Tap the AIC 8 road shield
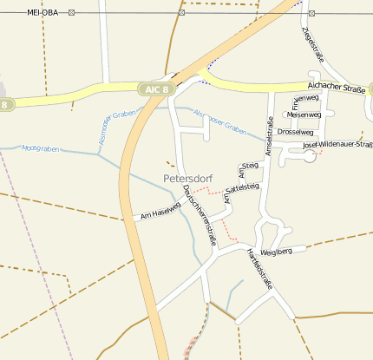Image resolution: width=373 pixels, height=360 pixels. coord(157,88)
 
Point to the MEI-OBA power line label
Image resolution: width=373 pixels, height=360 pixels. coord(45,13)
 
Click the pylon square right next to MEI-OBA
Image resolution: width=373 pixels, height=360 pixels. coord(71,13)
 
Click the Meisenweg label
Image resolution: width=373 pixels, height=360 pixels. coord(304,115)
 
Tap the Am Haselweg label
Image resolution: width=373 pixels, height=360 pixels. coord(160,214)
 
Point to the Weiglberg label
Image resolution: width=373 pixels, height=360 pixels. coord(289,251)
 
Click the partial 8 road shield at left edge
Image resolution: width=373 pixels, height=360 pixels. coord(5,105)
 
